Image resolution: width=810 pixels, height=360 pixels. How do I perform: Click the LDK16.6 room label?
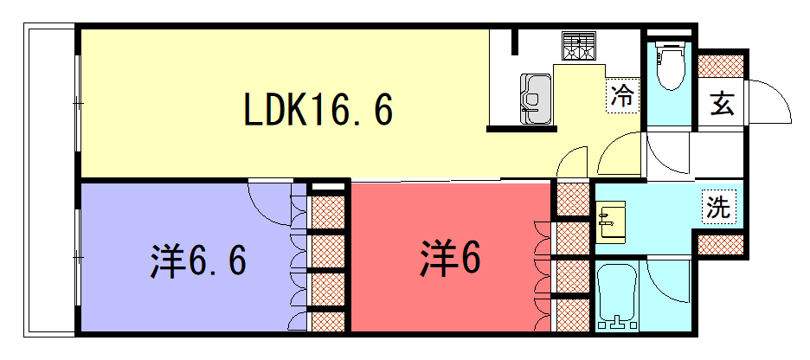318,108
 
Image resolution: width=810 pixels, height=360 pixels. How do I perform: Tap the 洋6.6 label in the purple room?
198,260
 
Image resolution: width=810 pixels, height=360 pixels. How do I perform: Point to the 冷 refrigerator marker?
622,97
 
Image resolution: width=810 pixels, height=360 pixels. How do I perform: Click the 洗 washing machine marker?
718,207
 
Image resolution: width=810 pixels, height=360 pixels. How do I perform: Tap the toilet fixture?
670,65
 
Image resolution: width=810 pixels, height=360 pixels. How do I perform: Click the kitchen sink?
536,100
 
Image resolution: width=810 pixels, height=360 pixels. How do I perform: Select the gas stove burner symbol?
579,46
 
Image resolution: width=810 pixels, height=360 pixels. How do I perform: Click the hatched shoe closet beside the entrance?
721,66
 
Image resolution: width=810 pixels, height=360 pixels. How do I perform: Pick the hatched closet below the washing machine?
721,244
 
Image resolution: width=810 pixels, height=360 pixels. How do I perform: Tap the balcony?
50,180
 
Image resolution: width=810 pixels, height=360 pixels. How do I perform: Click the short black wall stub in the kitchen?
514,42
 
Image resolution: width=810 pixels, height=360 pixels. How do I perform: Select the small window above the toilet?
670,32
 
